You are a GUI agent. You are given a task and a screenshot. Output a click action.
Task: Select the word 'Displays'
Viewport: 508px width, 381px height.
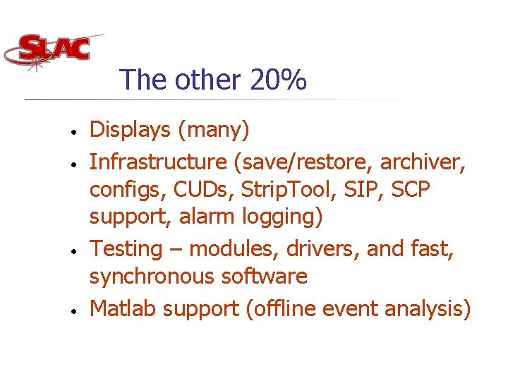click(131, 130)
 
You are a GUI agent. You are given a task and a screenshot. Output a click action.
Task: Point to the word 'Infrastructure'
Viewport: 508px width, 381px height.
click(157, 162)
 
